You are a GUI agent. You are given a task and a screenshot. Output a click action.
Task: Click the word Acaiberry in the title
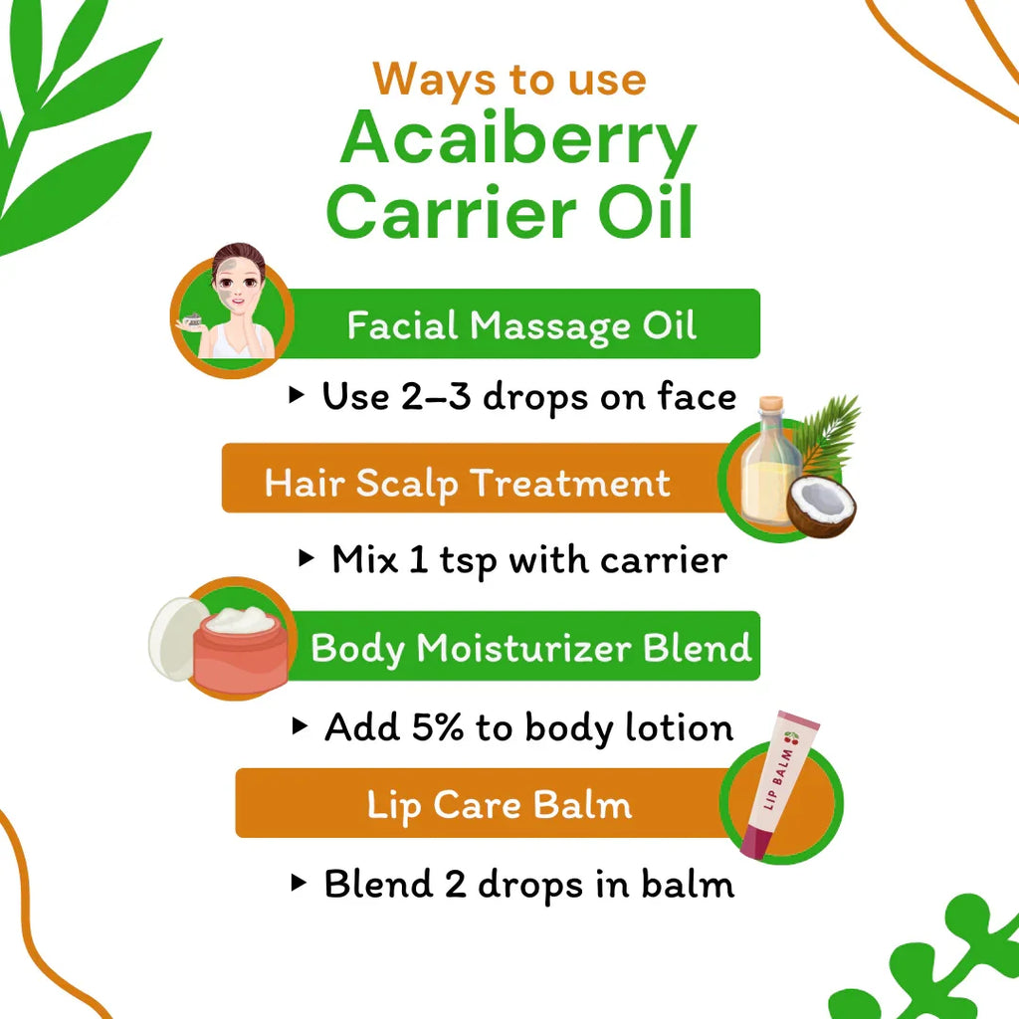(x=517, y=142)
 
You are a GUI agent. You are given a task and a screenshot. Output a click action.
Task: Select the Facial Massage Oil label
(x=521, y=325)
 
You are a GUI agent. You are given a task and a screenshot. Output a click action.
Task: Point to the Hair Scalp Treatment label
(x=467, y=484)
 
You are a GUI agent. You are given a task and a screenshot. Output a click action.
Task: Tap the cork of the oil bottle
(x=770, y=409)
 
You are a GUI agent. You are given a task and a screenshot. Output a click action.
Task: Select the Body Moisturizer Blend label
(x=530, y=648)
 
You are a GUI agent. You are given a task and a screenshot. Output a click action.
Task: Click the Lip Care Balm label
(x=500, y=804)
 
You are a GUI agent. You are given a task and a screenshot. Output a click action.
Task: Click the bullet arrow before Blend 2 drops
(x=298, y=882)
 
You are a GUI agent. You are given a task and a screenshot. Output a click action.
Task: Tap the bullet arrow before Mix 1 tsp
(x=306, y=558)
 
